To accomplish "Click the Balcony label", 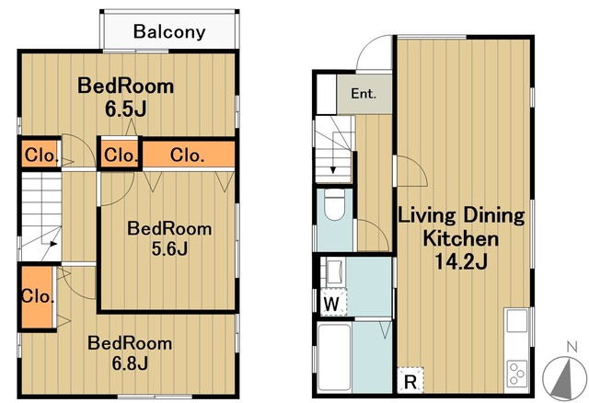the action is [169, 32].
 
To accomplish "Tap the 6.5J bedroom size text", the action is [125, 109].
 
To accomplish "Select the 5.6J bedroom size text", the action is [169, 248].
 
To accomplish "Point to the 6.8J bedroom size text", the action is [130, 363].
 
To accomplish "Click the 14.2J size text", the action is [461, 261].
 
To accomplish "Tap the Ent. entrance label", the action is [364, 94].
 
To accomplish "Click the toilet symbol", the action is [334, 204].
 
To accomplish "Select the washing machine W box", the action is [334, 303].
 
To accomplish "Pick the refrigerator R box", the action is [410, 380].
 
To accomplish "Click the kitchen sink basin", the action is [517, 321].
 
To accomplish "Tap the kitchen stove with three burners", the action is [517, 374].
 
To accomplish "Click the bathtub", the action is [334, 358].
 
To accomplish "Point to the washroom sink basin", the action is [334, 272].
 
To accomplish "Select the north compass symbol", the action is [565, 378].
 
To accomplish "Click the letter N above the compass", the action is [572, 347].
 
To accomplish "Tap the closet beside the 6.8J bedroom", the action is [37, 297].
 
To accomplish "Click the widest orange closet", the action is [189, 155].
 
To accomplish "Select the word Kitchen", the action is [461, 238].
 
